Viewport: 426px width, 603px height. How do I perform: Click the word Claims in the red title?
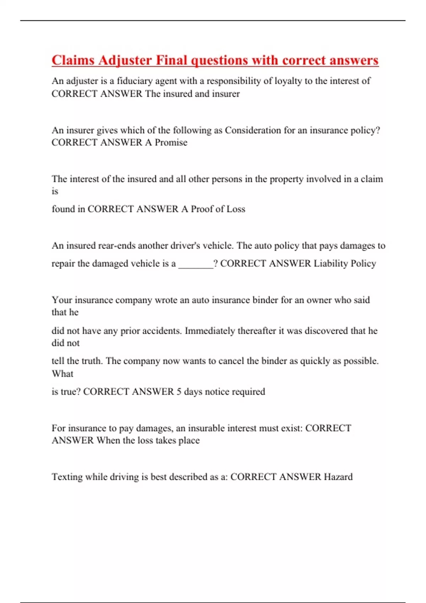click(x=73, y=60)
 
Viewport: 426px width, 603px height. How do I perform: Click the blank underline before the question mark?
click(x=196, y=264)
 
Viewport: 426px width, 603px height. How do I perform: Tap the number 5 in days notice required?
click(x=179, y=392)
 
